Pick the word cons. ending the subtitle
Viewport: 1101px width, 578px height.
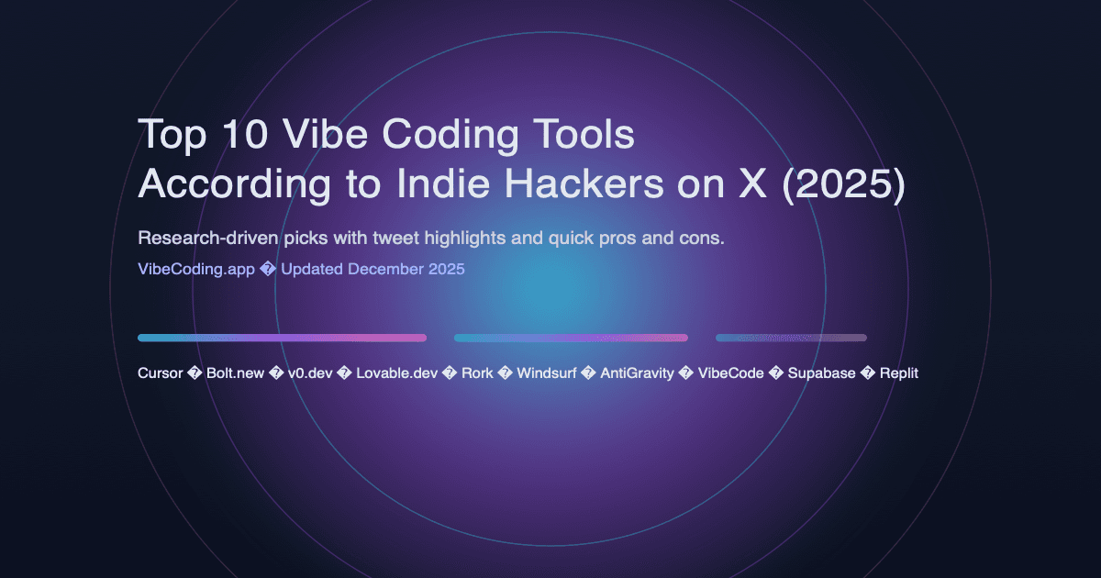point(702,239)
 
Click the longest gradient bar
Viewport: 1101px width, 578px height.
point(282,338)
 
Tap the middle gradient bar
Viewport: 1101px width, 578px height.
point(571,338)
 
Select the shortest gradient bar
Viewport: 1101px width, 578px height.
point(791,338)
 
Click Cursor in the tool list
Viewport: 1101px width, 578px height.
point(160,373)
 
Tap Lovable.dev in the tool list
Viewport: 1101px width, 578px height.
point(397,373)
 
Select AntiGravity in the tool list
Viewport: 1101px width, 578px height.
point(635,373)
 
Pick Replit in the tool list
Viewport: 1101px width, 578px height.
point(899,373)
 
